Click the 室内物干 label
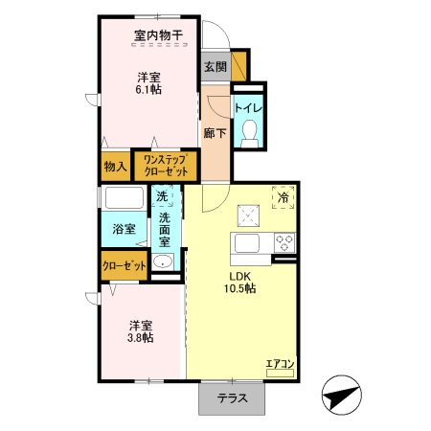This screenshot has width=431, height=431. point(159,36)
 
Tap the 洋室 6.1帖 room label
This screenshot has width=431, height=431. point(147,81)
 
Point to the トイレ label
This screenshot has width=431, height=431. point(249,106)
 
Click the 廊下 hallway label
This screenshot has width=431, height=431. point(215,133)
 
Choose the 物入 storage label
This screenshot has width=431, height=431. point(116,166)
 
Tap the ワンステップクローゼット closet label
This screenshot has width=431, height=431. point(165,165)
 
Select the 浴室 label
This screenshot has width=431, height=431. point(124,230)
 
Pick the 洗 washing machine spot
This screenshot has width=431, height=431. point(162,196)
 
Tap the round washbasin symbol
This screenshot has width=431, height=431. point(164,264)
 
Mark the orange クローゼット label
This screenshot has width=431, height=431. point(124,265)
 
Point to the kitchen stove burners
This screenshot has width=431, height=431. point(284,241)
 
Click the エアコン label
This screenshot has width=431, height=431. point(280,364)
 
